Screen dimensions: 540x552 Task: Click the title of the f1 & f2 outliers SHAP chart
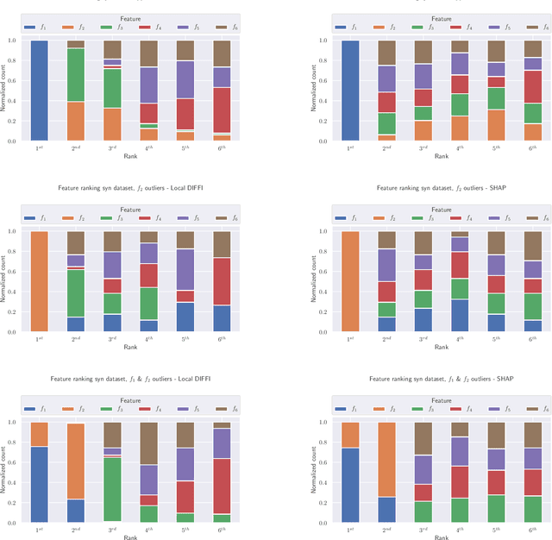tap(441, 378)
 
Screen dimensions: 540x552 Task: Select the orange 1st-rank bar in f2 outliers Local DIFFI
tap(39, 281)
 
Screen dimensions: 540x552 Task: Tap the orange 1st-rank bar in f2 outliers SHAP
tap(349, 281)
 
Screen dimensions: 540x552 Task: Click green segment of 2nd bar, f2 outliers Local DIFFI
tap(76, 293)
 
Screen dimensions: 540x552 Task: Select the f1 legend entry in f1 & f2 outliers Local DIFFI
tap(39, 410)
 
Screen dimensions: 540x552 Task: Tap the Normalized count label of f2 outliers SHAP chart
tap(316, 281)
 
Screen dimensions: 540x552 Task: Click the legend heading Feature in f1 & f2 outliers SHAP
tap(441, 400)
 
